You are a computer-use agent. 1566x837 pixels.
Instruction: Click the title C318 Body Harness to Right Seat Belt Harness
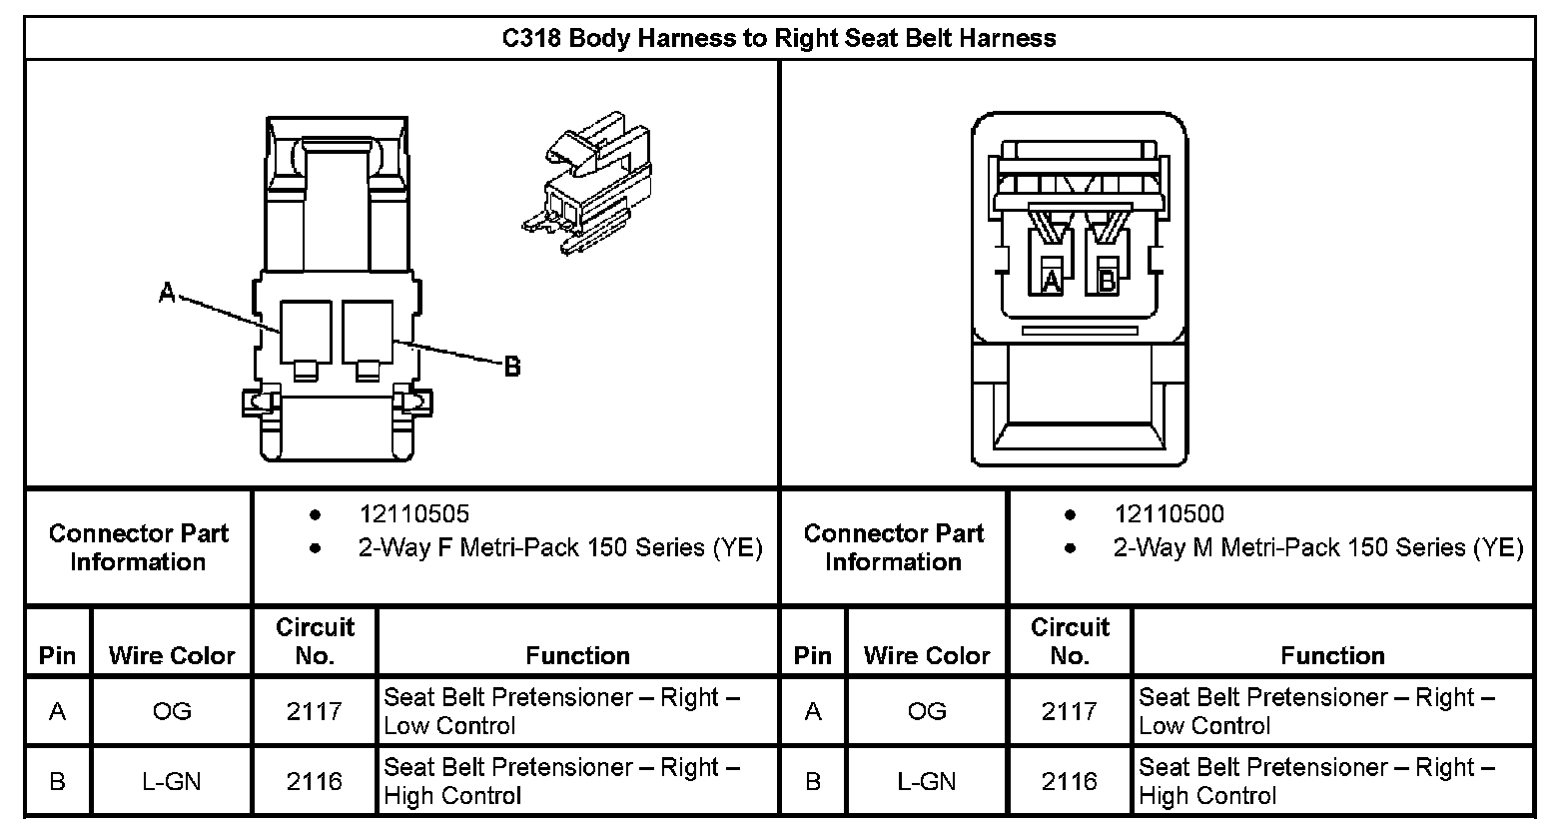tap(778, 39)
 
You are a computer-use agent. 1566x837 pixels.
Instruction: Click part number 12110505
tap(413, 514)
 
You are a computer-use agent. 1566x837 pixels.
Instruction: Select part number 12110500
tap(1169, 514)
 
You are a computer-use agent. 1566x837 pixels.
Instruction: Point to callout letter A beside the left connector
tap(168, 293)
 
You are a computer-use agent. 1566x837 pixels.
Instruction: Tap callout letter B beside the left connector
tap(512, 367)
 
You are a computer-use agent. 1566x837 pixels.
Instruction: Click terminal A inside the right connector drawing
tap(1050, 281)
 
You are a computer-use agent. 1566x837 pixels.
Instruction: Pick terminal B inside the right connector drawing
tap(1107, 281)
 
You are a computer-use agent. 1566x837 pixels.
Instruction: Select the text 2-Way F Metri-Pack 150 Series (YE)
tap(560, 547)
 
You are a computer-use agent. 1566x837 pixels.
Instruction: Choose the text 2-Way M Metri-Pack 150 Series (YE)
tap(1318, 547)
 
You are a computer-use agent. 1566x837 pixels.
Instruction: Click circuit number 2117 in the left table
tap(315, 711)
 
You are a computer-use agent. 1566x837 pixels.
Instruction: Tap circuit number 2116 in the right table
tap(1070, 781)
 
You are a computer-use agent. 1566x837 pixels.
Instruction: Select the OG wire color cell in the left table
tap(172, 711)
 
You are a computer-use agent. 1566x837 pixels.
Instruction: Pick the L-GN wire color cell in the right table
tap(927, 781)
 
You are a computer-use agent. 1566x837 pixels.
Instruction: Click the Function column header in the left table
tap(577, 655)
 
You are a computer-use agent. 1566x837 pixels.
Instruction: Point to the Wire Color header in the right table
tap(927, 655)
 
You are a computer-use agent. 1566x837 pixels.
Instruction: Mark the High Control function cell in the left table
tap(561, 781)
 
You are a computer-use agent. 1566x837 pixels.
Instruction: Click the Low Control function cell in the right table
tap(1316, 711)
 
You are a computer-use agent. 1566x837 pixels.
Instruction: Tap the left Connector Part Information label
tap(139, 547)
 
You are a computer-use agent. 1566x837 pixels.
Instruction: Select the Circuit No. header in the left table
tap(315, 641)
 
